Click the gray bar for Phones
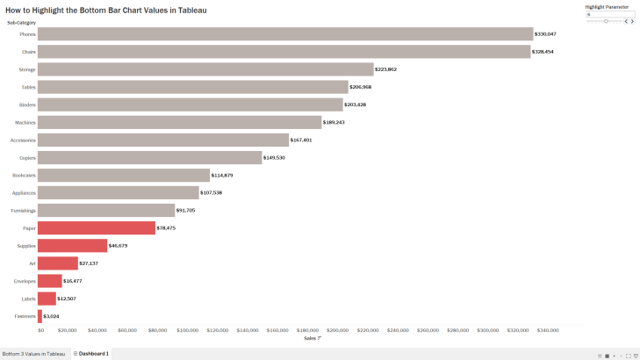click(285, 34)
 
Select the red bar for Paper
click(97, 228)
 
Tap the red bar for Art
click(58, 263)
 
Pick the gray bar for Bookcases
click(124, 176)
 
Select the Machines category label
click(25, 122)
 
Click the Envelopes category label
click(25, 281)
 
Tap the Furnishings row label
click(23, 211)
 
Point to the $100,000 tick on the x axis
click(188, 331)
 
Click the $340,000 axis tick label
click(548, 331)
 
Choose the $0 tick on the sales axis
click(40, 331)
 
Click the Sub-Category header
click(21, 21)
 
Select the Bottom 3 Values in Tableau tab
click(33, 354)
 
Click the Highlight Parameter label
click(607, 6)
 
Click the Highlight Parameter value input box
click(609, 13)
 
